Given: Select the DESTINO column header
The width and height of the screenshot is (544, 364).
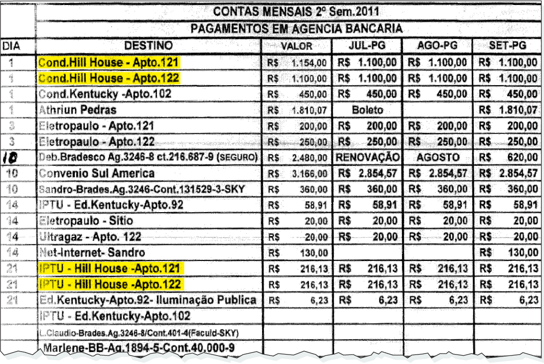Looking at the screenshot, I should coord(148,46).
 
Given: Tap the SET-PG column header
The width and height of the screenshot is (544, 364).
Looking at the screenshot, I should coord(508,46).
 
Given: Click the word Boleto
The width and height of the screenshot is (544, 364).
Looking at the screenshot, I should coord(368,110).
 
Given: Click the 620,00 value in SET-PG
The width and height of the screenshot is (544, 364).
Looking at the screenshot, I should coord(522,158).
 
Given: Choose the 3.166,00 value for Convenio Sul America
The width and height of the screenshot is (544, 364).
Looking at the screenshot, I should coord(309,174).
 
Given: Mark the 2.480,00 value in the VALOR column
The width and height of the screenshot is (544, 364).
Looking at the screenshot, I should coord(309,158).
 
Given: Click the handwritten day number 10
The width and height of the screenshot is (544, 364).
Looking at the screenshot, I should coord(10,158).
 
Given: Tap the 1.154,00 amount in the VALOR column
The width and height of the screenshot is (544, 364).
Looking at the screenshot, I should coord(309,63).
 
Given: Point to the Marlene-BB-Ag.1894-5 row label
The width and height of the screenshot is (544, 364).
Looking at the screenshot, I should coord(139,348).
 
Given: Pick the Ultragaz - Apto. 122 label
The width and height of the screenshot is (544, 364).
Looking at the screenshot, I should coord(90,237).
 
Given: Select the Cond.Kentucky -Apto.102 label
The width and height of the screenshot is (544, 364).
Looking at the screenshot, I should coord(105,94).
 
